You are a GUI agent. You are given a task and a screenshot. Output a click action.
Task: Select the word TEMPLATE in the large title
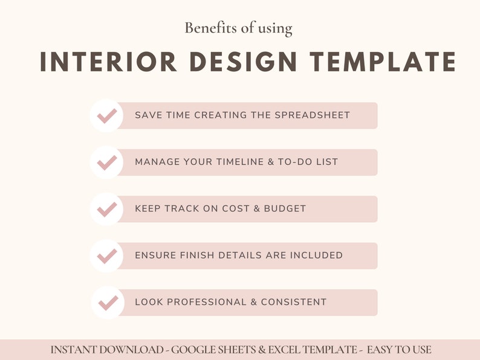coord(383,62)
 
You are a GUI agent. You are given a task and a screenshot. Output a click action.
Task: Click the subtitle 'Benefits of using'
coord(238,28)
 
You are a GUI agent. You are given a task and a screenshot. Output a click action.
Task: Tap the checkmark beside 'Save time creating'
coord(107,115)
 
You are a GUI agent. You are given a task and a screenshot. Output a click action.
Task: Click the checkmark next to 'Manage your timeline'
coord(107,162)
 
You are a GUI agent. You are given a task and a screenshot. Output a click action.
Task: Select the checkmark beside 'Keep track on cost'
coord(107,209)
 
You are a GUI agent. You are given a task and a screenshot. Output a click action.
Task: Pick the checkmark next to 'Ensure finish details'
coord(107,256)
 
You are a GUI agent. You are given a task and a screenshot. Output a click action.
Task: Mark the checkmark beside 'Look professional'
coord(107,302)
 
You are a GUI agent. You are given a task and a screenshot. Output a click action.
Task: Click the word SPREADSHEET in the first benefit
coord(313,115)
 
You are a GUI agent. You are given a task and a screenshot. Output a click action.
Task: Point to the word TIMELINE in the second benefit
coord(236,162)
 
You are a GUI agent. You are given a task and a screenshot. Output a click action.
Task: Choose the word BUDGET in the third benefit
coord(285,209)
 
